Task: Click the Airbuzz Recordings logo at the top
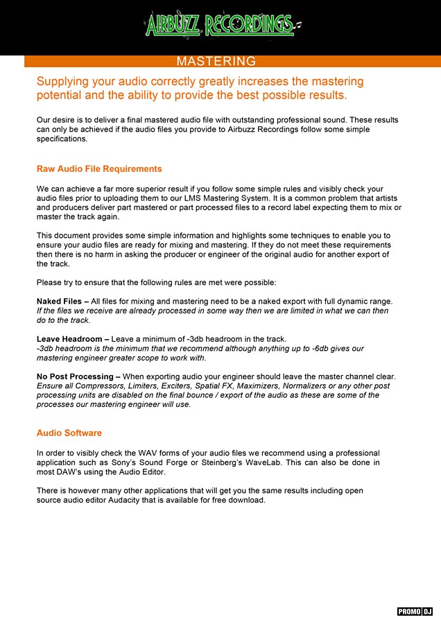(220, 25)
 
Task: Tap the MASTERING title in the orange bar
(216, 62)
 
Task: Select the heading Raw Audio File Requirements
(99, 168)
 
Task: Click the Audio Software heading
(69, 433)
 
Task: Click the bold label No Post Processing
(76, 376)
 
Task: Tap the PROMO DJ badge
(415, 611)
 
